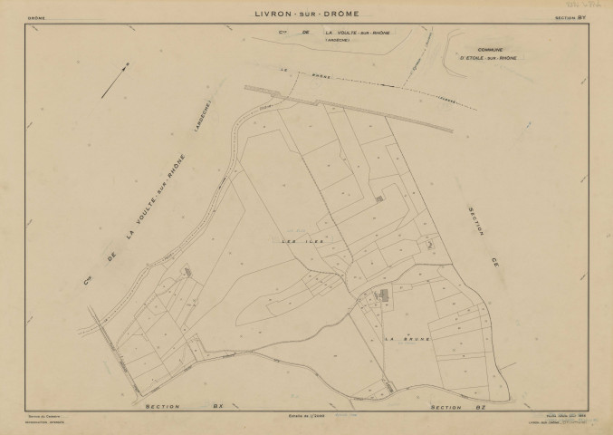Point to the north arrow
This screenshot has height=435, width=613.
[114, 79]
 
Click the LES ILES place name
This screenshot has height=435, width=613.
[297, 242]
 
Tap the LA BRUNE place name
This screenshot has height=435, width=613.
[406, 339]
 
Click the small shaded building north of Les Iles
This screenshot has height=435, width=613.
[378, 198]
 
